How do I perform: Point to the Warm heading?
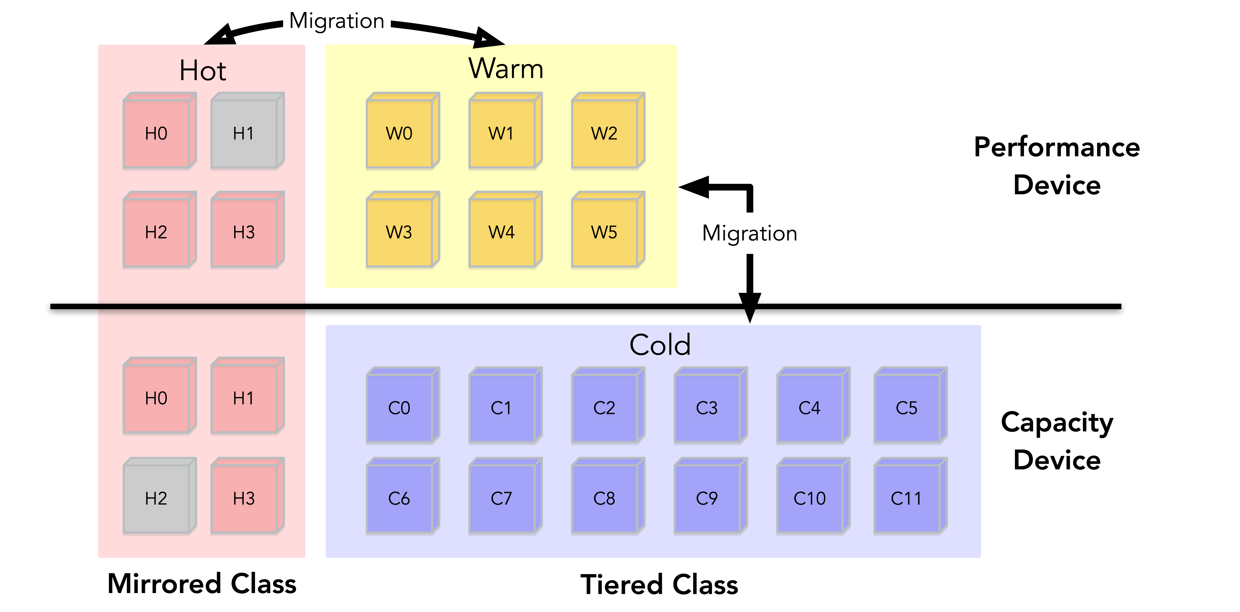coord(506,69)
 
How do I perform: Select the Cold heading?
coord(660,345)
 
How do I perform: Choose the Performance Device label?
coord(1057,166)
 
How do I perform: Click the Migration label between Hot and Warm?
coord(336,21)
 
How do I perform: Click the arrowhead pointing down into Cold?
coord(750,308)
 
